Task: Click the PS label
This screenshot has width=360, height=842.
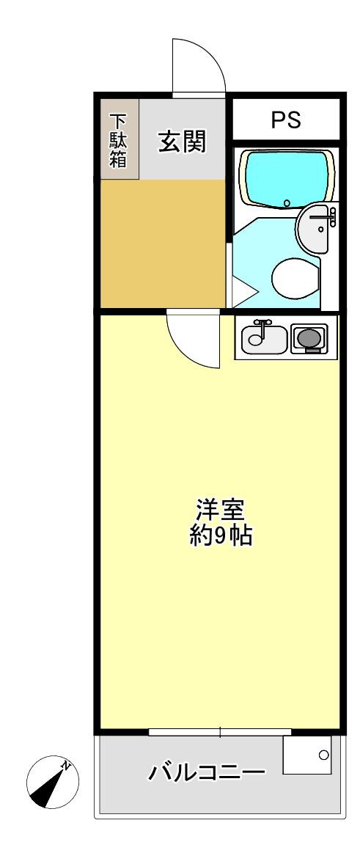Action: tap(287, 120)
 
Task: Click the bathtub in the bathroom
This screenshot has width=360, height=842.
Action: tap(287, 180)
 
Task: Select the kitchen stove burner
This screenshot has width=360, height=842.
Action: tap(309, 338)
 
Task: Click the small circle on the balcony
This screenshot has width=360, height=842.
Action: tap(323, 754)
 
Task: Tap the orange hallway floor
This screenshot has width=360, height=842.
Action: tap(163, 242)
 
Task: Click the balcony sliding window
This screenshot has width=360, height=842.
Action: tap(219, 732)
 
